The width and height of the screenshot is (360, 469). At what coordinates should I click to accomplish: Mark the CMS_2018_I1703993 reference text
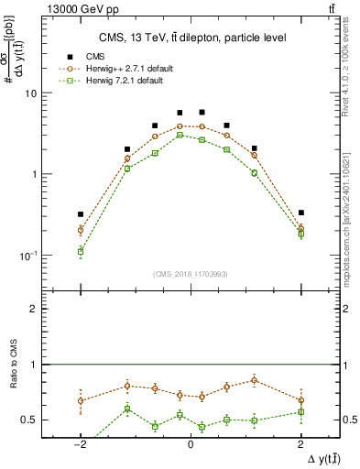pos(191,274)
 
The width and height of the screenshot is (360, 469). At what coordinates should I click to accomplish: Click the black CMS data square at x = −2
pos(81,214)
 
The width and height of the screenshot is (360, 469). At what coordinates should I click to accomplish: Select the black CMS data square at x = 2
pos(300,213)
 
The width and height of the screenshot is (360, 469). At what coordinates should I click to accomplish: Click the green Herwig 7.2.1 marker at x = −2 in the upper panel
pos(81,251)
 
